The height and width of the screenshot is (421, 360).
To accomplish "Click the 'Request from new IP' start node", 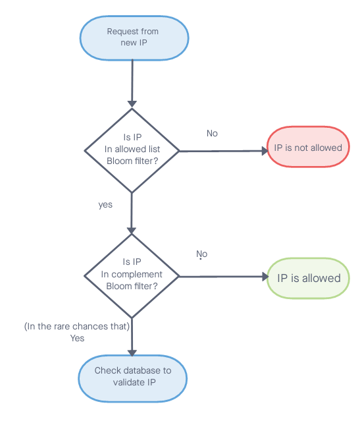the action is (134, 38).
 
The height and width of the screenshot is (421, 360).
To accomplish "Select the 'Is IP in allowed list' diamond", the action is (132, 151).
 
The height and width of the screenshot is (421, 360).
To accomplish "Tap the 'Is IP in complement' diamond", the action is (132, 276).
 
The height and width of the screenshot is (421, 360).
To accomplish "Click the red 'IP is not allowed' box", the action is (308, 147).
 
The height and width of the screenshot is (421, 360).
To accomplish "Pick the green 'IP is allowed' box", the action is (308, 278).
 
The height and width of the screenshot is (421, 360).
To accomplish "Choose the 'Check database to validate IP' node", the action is (133, 379).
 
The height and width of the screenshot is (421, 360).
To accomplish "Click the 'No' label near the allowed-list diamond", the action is (212, 134).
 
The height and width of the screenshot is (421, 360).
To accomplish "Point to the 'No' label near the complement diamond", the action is (202, 254).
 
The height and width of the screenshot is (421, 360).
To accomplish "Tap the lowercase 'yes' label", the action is (105, 205).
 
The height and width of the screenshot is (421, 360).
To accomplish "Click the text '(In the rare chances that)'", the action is (77, 326).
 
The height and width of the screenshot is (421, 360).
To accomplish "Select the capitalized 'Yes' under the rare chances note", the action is (77, 338).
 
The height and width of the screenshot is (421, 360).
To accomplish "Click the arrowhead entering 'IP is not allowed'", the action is (265, 151).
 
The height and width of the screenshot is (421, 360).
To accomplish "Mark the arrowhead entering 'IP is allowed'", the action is (265, 277).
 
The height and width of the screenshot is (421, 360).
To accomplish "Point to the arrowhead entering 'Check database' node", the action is (132, 353).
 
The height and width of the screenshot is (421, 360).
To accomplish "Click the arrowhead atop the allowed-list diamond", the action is (132, 104).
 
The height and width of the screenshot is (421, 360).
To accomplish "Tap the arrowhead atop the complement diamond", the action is (132, 231).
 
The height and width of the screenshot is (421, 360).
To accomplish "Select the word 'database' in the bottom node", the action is (140, 370).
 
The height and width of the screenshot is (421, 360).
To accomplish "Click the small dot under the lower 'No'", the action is (200, 259).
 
